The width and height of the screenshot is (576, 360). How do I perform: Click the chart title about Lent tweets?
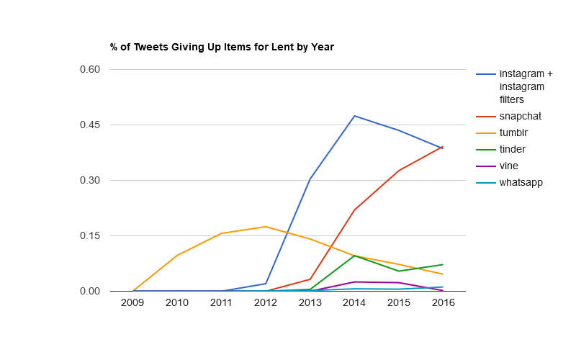point(222,48)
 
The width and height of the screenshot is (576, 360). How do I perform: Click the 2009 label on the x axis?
point(132,303)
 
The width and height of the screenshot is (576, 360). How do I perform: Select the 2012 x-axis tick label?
point(266,303)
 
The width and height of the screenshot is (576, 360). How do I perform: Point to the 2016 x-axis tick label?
point(443,303)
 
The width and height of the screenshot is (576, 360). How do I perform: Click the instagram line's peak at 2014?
point(354,116)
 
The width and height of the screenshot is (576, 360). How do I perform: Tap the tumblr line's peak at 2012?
point(266,227)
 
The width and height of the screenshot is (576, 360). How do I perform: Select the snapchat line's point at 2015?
point(399,171)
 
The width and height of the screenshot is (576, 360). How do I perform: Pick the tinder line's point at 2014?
point(354,256)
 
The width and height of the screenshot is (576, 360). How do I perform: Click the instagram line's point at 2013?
point(310,179)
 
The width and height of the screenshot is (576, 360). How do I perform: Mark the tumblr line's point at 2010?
point(177,256)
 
